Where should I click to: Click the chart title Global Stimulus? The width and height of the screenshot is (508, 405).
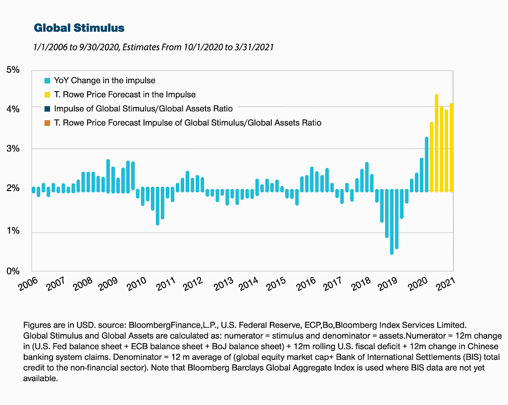click(79, 28)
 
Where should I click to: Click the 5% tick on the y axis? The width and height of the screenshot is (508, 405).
click(13, 70)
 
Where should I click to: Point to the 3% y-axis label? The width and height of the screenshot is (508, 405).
click(13, 149)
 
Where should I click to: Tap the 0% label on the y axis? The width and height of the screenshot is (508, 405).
click(13, 271)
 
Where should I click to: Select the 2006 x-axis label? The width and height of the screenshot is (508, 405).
click(28, 284)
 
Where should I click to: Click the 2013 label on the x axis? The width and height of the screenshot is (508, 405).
click(224, 284)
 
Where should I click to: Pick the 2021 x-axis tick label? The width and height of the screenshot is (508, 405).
click(446, 284)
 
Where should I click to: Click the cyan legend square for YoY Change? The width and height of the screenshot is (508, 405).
click(48, 81)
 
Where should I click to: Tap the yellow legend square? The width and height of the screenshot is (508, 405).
click(48, 95)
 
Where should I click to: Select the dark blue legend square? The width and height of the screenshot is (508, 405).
click(48, 109)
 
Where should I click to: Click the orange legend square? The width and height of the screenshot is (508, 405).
click(48, 123)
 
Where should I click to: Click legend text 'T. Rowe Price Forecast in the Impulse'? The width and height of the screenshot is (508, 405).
click(125, 95)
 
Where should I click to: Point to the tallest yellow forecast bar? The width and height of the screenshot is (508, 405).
click(436, 143)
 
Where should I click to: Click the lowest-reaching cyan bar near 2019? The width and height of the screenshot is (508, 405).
click(392, 222)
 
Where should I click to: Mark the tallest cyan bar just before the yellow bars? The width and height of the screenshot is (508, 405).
click(427, 164)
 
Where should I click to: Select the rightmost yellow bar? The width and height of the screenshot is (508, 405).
click(451, 148)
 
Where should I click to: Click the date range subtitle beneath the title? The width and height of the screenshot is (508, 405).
click(153, 48)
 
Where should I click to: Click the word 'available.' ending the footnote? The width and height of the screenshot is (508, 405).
click(41, 378)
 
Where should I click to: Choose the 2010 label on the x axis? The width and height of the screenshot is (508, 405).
click(136, 284)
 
